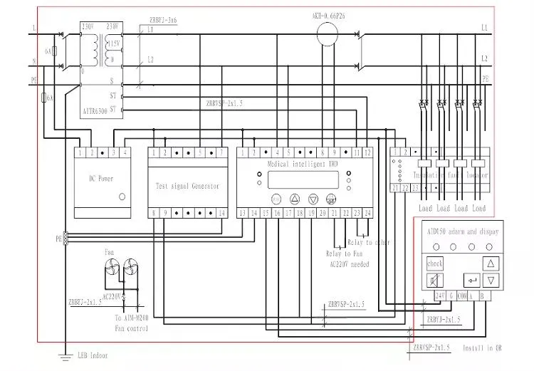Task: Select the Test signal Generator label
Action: pos(187,186)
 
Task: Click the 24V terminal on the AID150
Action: pos(439,296)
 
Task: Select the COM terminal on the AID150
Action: pos(461,296)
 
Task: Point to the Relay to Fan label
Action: pos(343,253)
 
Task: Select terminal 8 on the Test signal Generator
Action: pos(153,213)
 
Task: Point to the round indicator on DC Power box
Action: pos(122,196)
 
